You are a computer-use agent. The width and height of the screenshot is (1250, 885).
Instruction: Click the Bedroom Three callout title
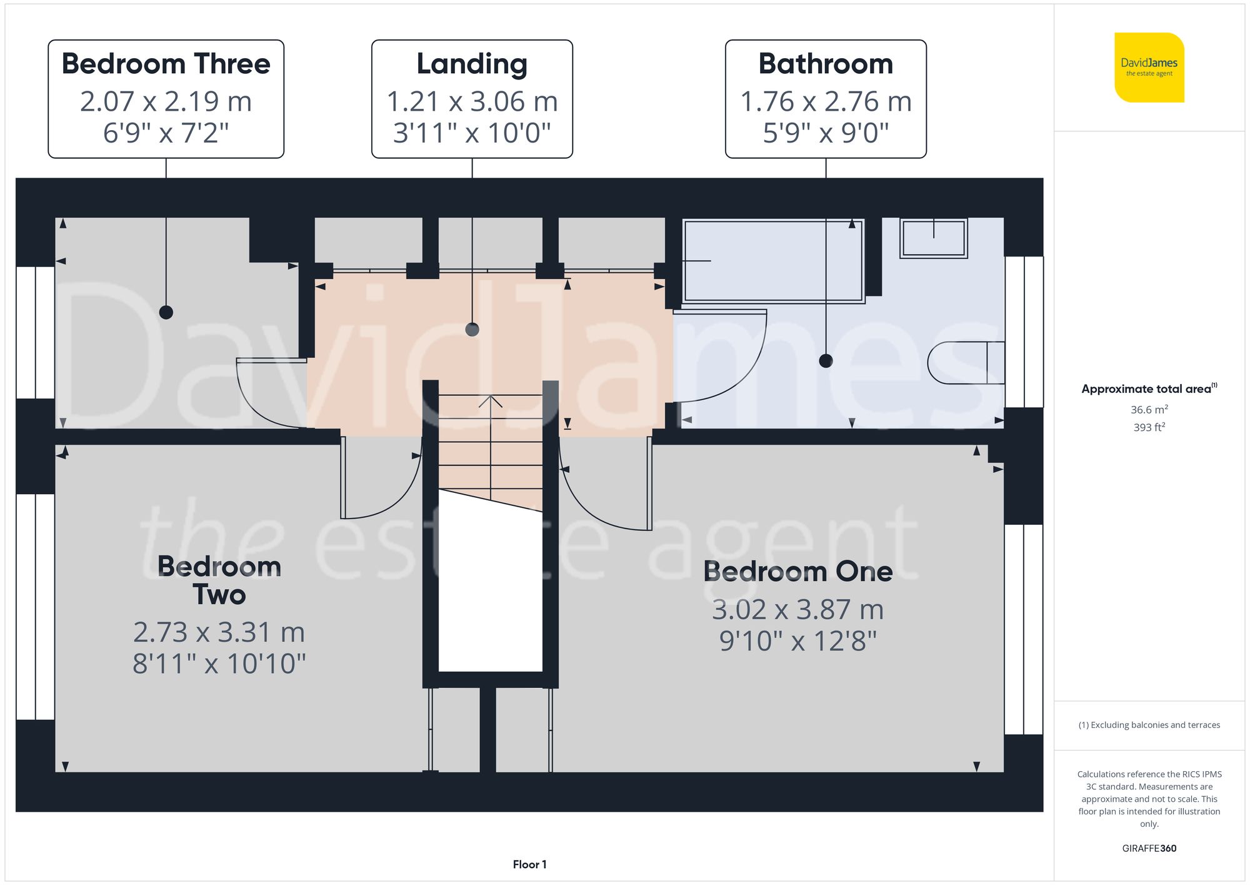pos(166,64)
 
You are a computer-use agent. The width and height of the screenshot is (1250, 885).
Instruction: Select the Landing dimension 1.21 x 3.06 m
pos(472,101)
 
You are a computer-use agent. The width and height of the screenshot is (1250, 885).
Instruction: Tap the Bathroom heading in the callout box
pos(826,64)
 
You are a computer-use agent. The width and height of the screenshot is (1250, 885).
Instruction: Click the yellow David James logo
pos(1149,68)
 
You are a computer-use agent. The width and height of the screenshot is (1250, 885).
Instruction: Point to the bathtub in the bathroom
pos(773,261)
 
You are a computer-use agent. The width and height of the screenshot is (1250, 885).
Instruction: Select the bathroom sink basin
pos(933,238)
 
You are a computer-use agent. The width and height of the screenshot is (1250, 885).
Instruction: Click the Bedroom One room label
pos(797,572)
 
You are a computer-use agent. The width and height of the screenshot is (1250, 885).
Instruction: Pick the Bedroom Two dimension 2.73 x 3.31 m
pos(219,632)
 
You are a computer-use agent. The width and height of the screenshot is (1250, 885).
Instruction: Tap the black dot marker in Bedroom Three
pos(166,312)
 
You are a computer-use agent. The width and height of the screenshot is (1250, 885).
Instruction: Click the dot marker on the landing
pos(472,330)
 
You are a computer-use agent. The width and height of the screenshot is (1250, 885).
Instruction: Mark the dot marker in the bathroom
pos(826,361)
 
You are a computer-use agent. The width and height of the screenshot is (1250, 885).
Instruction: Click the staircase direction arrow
pos(490,402)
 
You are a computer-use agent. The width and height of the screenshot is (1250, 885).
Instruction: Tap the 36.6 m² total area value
pos(1149,410)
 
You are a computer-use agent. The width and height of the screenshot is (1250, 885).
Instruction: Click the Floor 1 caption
pos(529,864)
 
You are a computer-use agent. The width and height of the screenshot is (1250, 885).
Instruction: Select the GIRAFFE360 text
pos(1149,848)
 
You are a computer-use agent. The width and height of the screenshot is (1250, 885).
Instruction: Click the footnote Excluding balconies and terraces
pos(1149,725)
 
